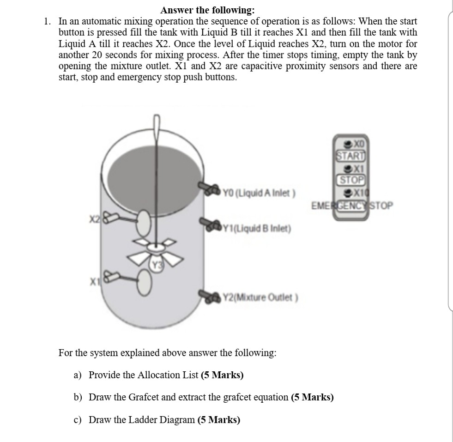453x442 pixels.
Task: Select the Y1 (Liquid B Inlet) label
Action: [x=257, y=228]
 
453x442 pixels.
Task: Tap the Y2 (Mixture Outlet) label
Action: [x=261, y=297]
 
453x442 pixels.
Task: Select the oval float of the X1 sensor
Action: [x=145, y=282]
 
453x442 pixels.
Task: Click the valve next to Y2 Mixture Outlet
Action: [x=210, y=294]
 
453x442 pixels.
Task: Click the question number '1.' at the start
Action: [x=47, y=21]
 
